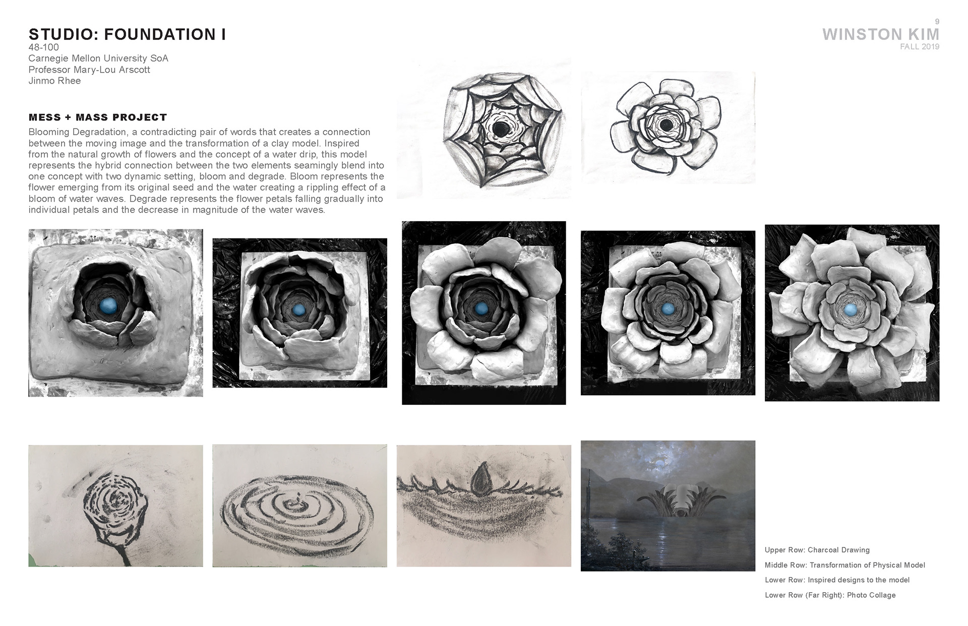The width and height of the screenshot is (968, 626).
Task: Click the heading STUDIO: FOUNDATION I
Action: point(127,34)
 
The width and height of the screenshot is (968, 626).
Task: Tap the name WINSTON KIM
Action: point(881,34)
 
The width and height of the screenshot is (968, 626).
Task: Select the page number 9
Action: point(937,21)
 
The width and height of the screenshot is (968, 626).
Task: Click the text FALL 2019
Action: point(920,47)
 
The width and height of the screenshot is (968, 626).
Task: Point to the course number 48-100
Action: point(44,47)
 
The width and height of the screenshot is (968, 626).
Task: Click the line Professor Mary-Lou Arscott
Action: point(89,70)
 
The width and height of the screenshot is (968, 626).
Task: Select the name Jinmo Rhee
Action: point(54,81)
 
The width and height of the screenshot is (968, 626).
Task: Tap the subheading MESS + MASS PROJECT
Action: point(98,117)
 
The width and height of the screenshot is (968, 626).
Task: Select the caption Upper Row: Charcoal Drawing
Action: point(817,550)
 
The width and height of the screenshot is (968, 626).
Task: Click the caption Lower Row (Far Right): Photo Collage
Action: point(830,595)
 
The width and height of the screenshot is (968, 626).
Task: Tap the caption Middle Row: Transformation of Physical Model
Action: point(845,565)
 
